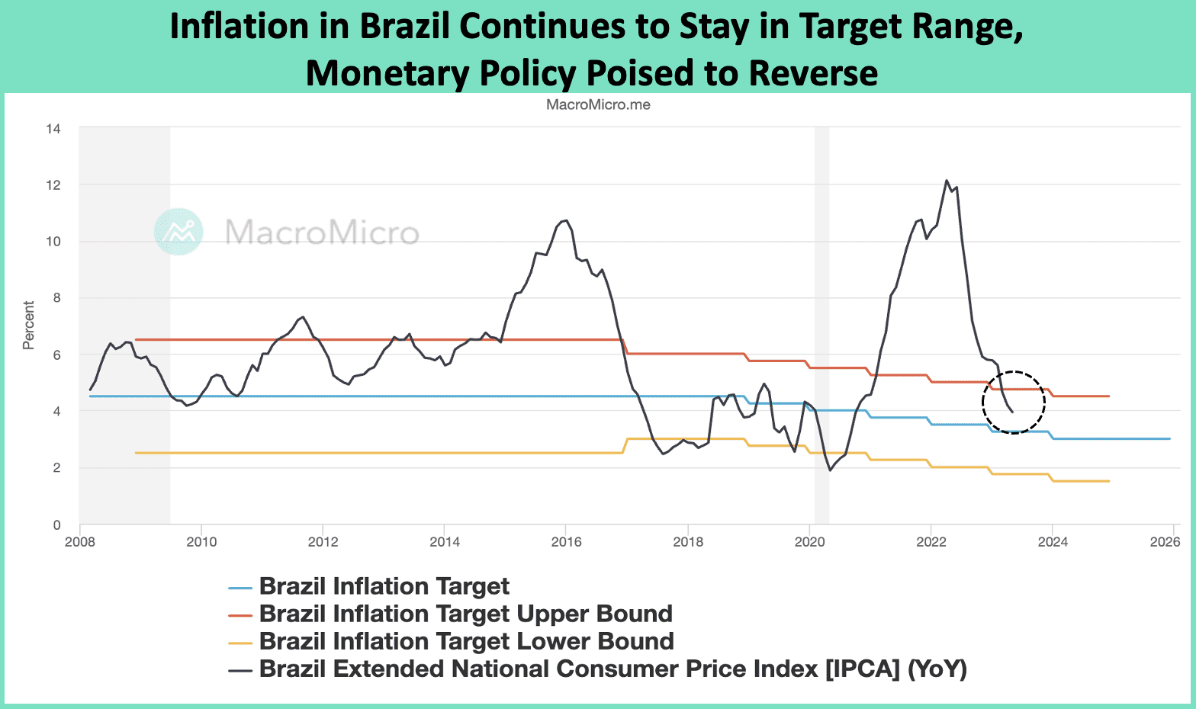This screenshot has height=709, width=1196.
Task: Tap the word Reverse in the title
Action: point(813,73)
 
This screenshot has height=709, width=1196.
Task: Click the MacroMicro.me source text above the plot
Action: point(598,104)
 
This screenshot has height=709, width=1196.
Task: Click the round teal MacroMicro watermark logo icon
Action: point(178,231)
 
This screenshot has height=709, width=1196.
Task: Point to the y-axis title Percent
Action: point(29,326)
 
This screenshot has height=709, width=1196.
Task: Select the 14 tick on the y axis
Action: point(53,129)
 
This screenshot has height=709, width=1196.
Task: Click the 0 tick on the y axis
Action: point(56,525)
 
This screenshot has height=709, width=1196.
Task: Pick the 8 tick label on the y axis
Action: point(56,298)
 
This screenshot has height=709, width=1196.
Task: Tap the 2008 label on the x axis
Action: point(80,542)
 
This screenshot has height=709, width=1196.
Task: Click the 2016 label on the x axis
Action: point(566,542)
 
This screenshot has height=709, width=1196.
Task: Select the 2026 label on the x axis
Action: point(1165,542)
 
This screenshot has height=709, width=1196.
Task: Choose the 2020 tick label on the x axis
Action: point(809,542)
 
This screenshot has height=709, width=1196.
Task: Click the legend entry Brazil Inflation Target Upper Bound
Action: point(465,614)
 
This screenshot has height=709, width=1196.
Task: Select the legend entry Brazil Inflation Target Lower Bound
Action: point(466,641)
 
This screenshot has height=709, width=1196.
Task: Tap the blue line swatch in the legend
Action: point(240,588)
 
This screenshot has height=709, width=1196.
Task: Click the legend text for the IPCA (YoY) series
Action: point(612,669)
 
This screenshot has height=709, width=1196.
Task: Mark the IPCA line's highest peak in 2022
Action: point(947,181)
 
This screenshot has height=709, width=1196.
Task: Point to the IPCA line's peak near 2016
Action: point(565,220)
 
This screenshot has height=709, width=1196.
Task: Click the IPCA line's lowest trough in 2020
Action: point(831,470)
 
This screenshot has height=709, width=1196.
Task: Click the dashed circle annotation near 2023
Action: point(1013,403)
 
